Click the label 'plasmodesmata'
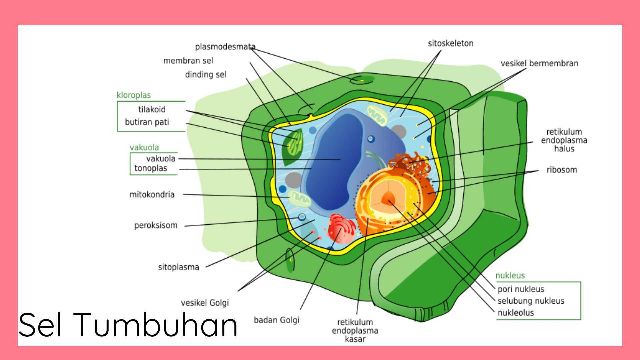click(225, 47)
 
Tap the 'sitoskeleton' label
click(450, 43)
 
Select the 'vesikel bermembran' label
click(539, 63)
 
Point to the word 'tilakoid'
click(152, 109)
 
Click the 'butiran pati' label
click(147, 122)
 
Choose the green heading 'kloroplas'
click(134, 95)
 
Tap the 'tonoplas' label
click(151, 168)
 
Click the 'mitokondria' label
click(152, 194)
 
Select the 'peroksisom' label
click(156, 225)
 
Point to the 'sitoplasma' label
click(178, 267)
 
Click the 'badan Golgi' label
click(276, 320)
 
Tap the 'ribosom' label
click(562, 170)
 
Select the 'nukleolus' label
click(515, 313)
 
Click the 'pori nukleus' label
click(521, 289)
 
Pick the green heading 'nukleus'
click(510, 275)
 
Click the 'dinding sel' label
click(206, 75)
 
